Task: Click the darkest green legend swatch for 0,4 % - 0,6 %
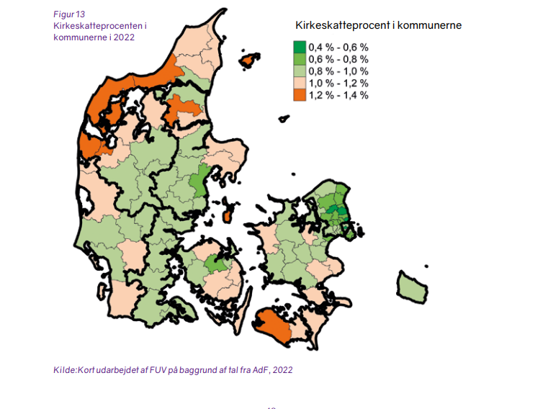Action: point(299,46)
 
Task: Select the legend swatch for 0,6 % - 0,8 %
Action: point(299,58)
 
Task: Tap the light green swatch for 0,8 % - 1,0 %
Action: point(299,71)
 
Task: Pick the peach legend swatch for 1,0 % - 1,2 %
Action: point(299,83)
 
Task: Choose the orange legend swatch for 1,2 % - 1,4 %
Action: point(299,95)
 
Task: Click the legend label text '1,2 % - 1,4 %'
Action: point(338,95)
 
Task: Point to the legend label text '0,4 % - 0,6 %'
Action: point(338,46)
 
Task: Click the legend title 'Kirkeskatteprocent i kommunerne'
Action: point(377,25)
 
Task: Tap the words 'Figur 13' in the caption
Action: point(69,14)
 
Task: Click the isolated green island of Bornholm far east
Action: point(411,287)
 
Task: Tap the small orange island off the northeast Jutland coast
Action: point(248,62)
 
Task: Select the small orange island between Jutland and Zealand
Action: point(228,214)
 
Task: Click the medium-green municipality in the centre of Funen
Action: point(214,264)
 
